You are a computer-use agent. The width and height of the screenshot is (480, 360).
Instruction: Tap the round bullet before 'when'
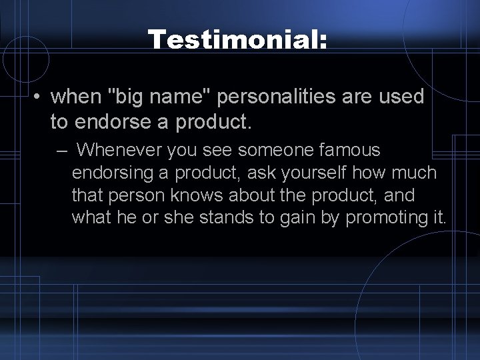pos(40,97)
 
